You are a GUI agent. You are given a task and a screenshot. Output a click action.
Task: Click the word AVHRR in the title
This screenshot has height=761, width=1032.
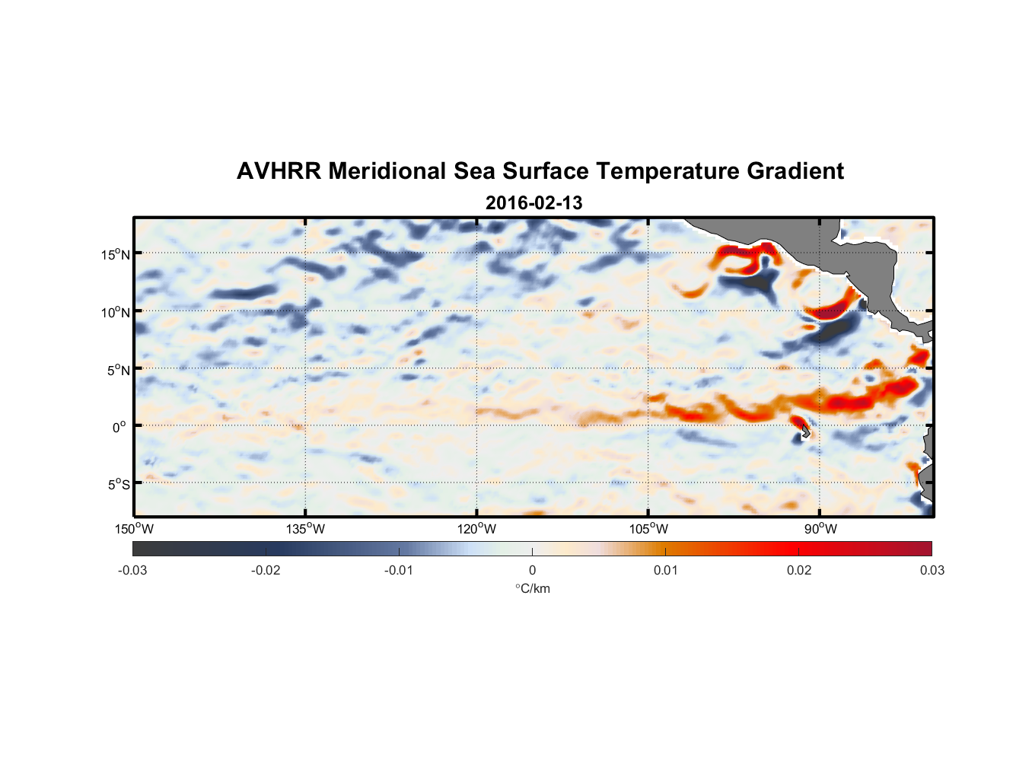click(x=279, y=171)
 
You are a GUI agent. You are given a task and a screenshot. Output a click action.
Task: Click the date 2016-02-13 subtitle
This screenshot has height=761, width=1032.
click(x=534, y=203)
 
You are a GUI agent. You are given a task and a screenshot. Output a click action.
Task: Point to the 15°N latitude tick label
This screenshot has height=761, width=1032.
click(x=116, y=254)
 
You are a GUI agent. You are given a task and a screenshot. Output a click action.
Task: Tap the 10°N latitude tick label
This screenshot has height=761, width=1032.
click(x=116, y=312)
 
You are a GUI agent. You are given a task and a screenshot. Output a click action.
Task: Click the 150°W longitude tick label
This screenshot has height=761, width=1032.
click(x=134, y=529)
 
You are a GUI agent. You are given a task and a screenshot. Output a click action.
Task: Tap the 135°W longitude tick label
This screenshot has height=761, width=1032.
click(x=305, y=529)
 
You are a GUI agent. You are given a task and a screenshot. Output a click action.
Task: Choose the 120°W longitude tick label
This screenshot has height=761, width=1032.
click(x=476, y=529)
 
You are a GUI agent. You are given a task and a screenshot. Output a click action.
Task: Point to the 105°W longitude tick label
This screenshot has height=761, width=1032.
click(x=648, y=529)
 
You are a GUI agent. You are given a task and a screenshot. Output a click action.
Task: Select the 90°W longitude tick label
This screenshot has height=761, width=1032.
click(x=820, y=529)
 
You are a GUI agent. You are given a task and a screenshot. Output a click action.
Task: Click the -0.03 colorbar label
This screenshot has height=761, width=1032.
click(x=132, y=570)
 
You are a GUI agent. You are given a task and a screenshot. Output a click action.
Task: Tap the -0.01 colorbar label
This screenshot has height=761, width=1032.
click(x=399, y=570)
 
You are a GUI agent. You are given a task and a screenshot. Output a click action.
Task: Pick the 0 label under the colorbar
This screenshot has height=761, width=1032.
click(x=532, y=570)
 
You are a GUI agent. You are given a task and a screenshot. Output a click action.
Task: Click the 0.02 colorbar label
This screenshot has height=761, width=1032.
click(x=799, y=570)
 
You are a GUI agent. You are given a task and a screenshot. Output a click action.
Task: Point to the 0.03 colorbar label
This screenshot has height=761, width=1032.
click(x=932, y=570)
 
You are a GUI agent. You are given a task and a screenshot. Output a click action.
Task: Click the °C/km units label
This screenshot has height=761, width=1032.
click(x=532, y=588)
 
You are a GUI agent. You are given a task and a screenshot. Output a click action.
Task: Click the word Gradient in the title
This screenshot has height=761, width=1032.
click(x=795, y=171)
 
